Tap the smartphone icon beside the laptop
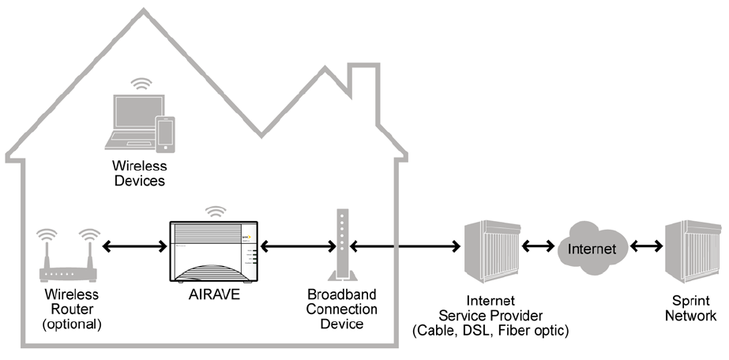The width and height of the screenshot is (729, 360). tap(166, 135)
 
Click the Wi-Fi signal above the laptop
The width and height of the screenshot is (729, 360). tap(141, 84)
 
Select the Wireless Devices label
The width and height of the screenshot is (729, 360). tap(140, 173)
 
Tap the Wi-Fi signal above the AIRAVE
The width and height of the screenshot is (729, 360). tap(216, 212)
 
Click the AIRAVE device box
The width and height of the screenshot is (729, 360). tap(213, 251)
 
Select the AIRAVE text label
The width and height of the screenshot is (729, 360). tap(214, 295)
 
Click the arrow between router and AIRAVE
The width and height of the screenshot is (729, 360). tap(134, 246)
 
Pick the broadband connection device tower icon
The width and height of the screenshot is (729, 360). tap(343, 246)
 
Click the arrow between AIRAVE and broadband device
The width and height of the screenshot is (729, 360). tap(298, 246)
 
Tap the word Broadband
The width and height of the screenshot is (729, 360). tap(342, 294)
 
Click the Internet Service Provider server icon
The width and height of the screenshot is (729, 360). tap(493, 251)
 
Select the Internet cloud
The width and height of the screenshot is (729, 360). tap(592, 249)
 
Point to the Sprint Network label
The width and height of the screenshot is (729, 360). tap(690, 308)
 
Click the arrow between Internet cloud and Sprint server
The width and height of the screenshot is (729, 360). tap(646, 246)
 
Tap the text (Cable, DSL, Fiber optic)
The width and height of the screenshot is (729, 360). tap(490, 331)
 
